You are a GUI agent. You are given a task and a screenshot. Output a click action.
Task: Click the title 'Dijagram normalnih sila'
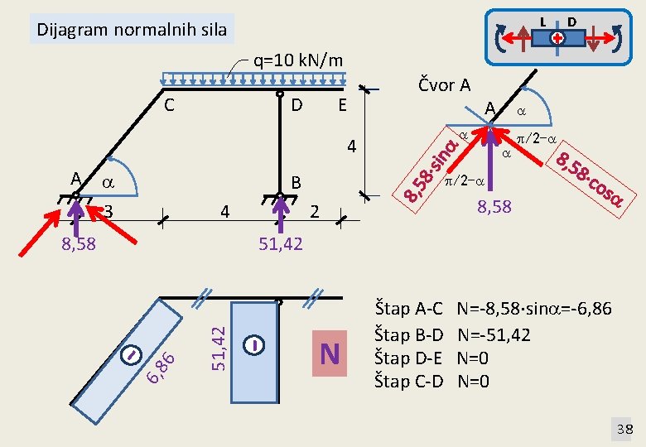click(x=132, y=30)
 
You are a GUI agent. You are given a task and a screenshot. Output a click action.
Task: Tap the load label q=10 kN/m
click(x=298, y=60)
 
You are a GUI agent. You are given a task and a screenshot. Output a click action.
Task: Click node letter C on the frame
click(x=169, y=105)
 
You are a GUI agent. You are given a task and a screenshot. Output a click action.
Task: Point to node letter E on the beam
click(x=342, y=105)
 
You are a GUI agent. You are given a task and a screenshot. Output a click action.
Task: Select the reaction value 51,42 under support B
click(x=281, y=244)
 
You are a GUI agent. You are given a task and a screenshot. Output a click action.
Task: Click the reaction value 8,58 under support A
click(x=79, y=243)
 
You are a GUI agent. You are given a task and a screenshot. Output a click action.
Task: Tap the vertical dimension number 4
click(x=351, y=147)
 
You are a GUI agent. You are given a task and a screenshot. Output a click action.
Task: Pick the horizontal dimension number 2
click(x=315, y=212)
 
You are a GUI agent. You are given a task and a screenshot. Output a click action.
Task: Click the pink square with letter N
click(x=330, y=353)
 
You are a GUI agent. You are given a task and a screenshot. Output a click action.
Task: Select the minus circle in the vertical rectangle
click(x=253, y=345)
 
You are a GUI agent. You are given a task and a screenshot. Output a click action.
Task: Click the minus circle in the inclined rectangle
click(x=132, y=354)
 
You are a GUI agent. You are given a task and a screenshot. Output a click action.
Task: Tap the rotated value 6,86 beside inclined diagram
click(x=161, y=368)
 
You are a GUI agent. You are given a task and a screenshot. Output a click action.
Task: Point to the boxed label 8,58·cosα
click(x=590, y=179)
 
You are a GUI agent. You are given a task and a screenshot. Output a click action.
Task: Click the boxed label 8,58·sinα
click(x=431, y=170)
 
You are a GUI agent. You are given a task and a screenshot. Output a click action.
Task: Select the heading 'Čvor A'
click(x=444, y=84)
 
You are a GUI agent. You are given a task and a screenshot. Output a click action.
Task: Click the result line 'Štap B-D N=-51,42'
click(x=452, y=335)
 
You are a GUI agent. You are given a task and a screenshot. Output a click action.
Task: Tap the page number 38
click(x=624, y=430)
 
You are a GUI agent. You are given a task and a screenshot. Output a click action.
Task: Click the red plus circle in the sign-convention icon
click(x=557, y=38)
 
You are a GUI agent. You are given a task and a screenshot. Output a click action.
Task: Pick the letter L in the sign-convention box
click(x=543, y=22)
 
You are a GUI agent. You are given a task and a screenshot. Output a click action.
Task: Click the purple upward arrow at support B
click(x=280, y=214)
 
